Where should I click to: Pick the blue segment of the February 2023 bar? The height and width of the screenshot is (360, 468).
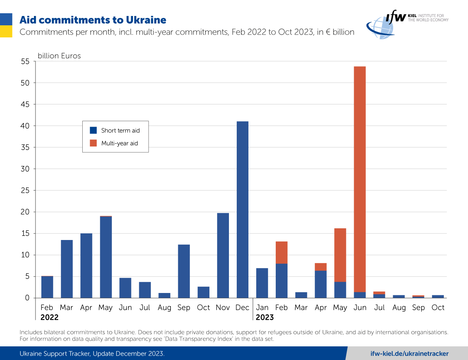coord(282,281)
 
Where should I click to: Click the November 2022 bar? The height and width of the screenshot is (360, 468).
coord(223,255)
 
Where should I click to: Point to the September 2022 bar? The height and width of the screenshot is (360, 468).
coord(184,271)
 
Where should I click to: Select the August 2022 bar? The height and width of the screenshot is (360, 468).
coord(164,295)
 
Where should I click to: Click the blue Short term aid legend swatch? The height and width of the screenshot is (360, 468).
coord(93,131)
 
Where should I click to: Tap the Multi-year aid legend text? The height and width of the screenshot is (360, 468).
coord(119,143)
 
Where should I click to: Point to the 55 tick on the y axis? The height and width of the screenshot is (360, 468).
coord(25,62)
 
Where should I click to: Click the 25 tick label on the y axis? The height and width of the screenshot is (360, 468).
coord(25,191)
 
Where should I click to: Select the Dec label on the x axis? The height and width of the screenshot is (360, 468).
coord(242,308)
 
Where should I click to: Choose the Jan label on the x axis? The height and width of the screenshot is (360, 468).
coord(262,308)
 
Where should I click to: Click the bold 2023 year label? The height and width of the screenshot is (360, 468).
coord(265,318)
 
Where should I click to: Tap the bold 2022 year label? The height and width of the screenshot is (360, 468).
coord(50,318)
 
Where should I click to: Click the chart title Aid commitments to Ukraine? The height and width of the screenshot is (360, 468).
coord(93,20)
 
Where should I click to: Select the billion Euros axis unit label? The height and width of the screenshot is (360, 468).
coord(59,56)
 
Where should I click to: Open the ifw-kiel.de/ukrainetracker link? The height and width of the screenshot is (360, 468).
coord(409,353)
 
